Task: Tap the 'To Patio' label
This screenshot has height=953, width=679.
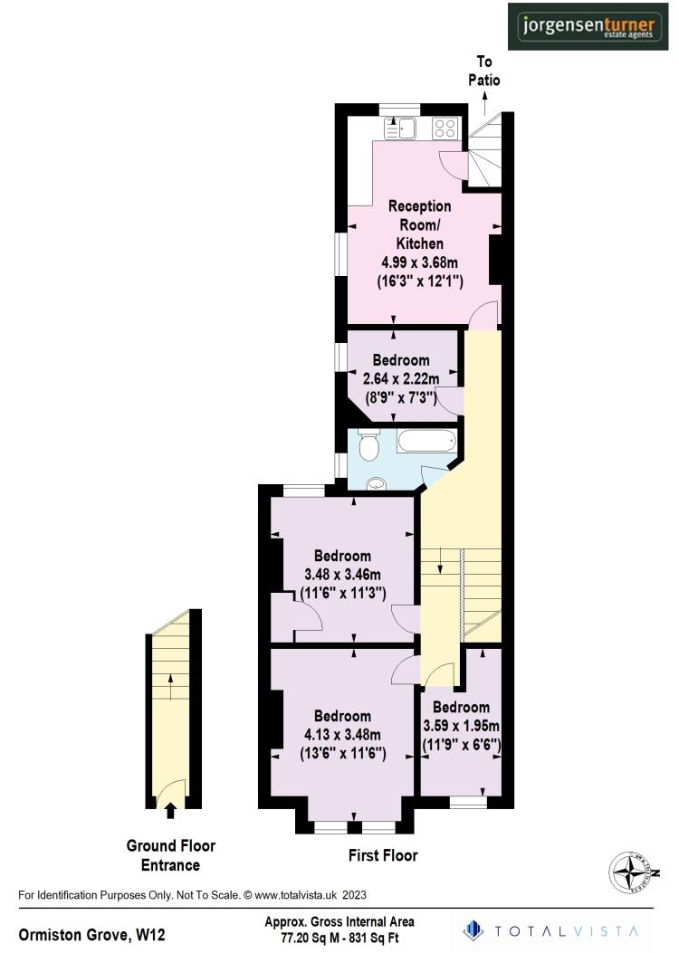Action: tap(483, 71)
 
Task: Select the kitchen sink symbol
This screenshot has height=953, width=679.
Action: tap(399, 129)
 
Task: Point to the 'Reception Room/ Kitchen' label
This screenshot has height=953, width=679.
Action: tap(419, 225)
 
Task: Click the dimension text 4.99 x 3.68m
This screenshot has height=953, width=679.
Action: tap(419, 262)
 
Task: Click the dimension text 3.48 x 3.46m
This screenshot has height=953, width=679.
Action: tap(342, 575)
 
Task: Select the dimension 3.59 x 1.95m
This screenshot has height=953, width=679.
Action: tap(462, 726)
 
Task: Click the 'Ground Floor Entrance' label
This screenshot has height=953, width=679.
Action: tap(170, 855)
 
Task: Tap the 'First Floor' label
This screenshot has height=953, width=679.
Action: tap(383, 854)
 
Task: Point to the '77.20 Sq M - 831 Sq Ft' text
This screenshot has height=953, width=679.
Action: tap(339, 939)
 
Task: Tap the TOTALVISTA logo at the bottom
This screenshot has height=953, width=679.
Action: tap(550, 930)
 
